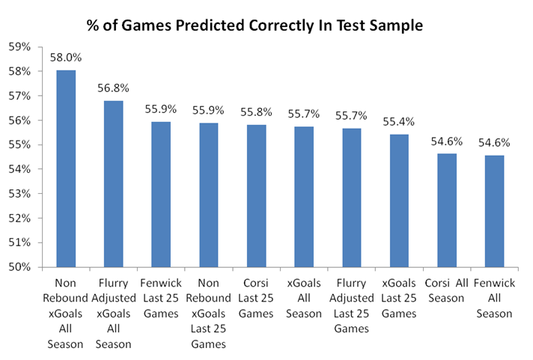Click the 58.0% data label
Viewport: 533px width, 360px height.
coord(67,57)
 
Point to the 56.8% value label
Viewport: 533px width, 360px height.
coord(114,88)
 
